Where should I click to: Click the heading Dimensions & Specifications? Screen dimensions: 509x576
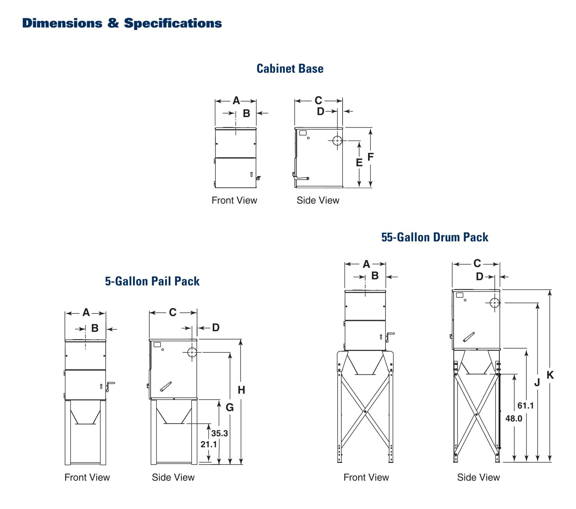pos(122,23)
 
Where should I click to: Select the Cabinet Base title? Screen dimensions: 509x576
pos(290,69)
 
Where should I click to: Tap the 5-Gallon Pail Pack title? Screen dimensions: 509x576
pos(152,281)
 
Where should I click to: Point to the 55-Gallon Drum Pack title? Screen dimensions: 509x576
pos(435,237)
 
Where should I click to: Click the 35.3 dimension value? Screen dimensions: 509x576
pos(219,433)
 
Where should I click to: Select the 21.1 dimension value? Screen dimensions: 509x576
pos(208,444)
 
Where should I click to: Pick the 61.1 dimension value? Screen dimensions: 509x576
pos(525,406)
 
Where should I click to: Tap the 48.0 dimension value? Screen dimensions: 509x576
pos(514,418)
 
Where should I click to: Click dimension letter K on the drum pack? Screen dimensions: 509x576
pos(550,375)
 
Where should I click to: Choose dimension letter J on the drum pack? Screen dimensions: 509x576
pos(537,383)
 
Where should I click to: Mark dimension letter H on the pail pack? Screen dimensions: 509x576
pos(241,390)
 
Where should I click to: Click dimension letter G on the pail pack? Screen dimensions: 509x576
pos(230,408)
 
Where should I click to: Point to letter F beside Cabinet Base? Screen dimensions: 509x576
pos(370,157)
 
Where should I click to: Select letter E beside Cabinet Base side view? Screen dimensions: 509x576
pos(359,162)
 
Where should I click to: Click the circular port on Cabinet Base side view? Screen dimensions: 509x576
pos(338,141)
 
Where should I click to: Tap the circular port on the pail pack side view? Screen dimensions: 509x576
pos(192,352)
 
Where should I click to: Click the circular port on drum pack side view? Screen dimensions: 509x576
pos(495,303)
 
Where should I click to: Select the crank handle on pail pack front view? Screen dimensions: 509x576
pos(110,386)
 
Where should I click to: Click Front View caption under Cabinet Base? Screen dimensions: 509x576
pos(234,201)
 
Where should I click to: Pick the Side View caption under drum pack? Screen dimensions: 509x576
pos(478,477)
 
